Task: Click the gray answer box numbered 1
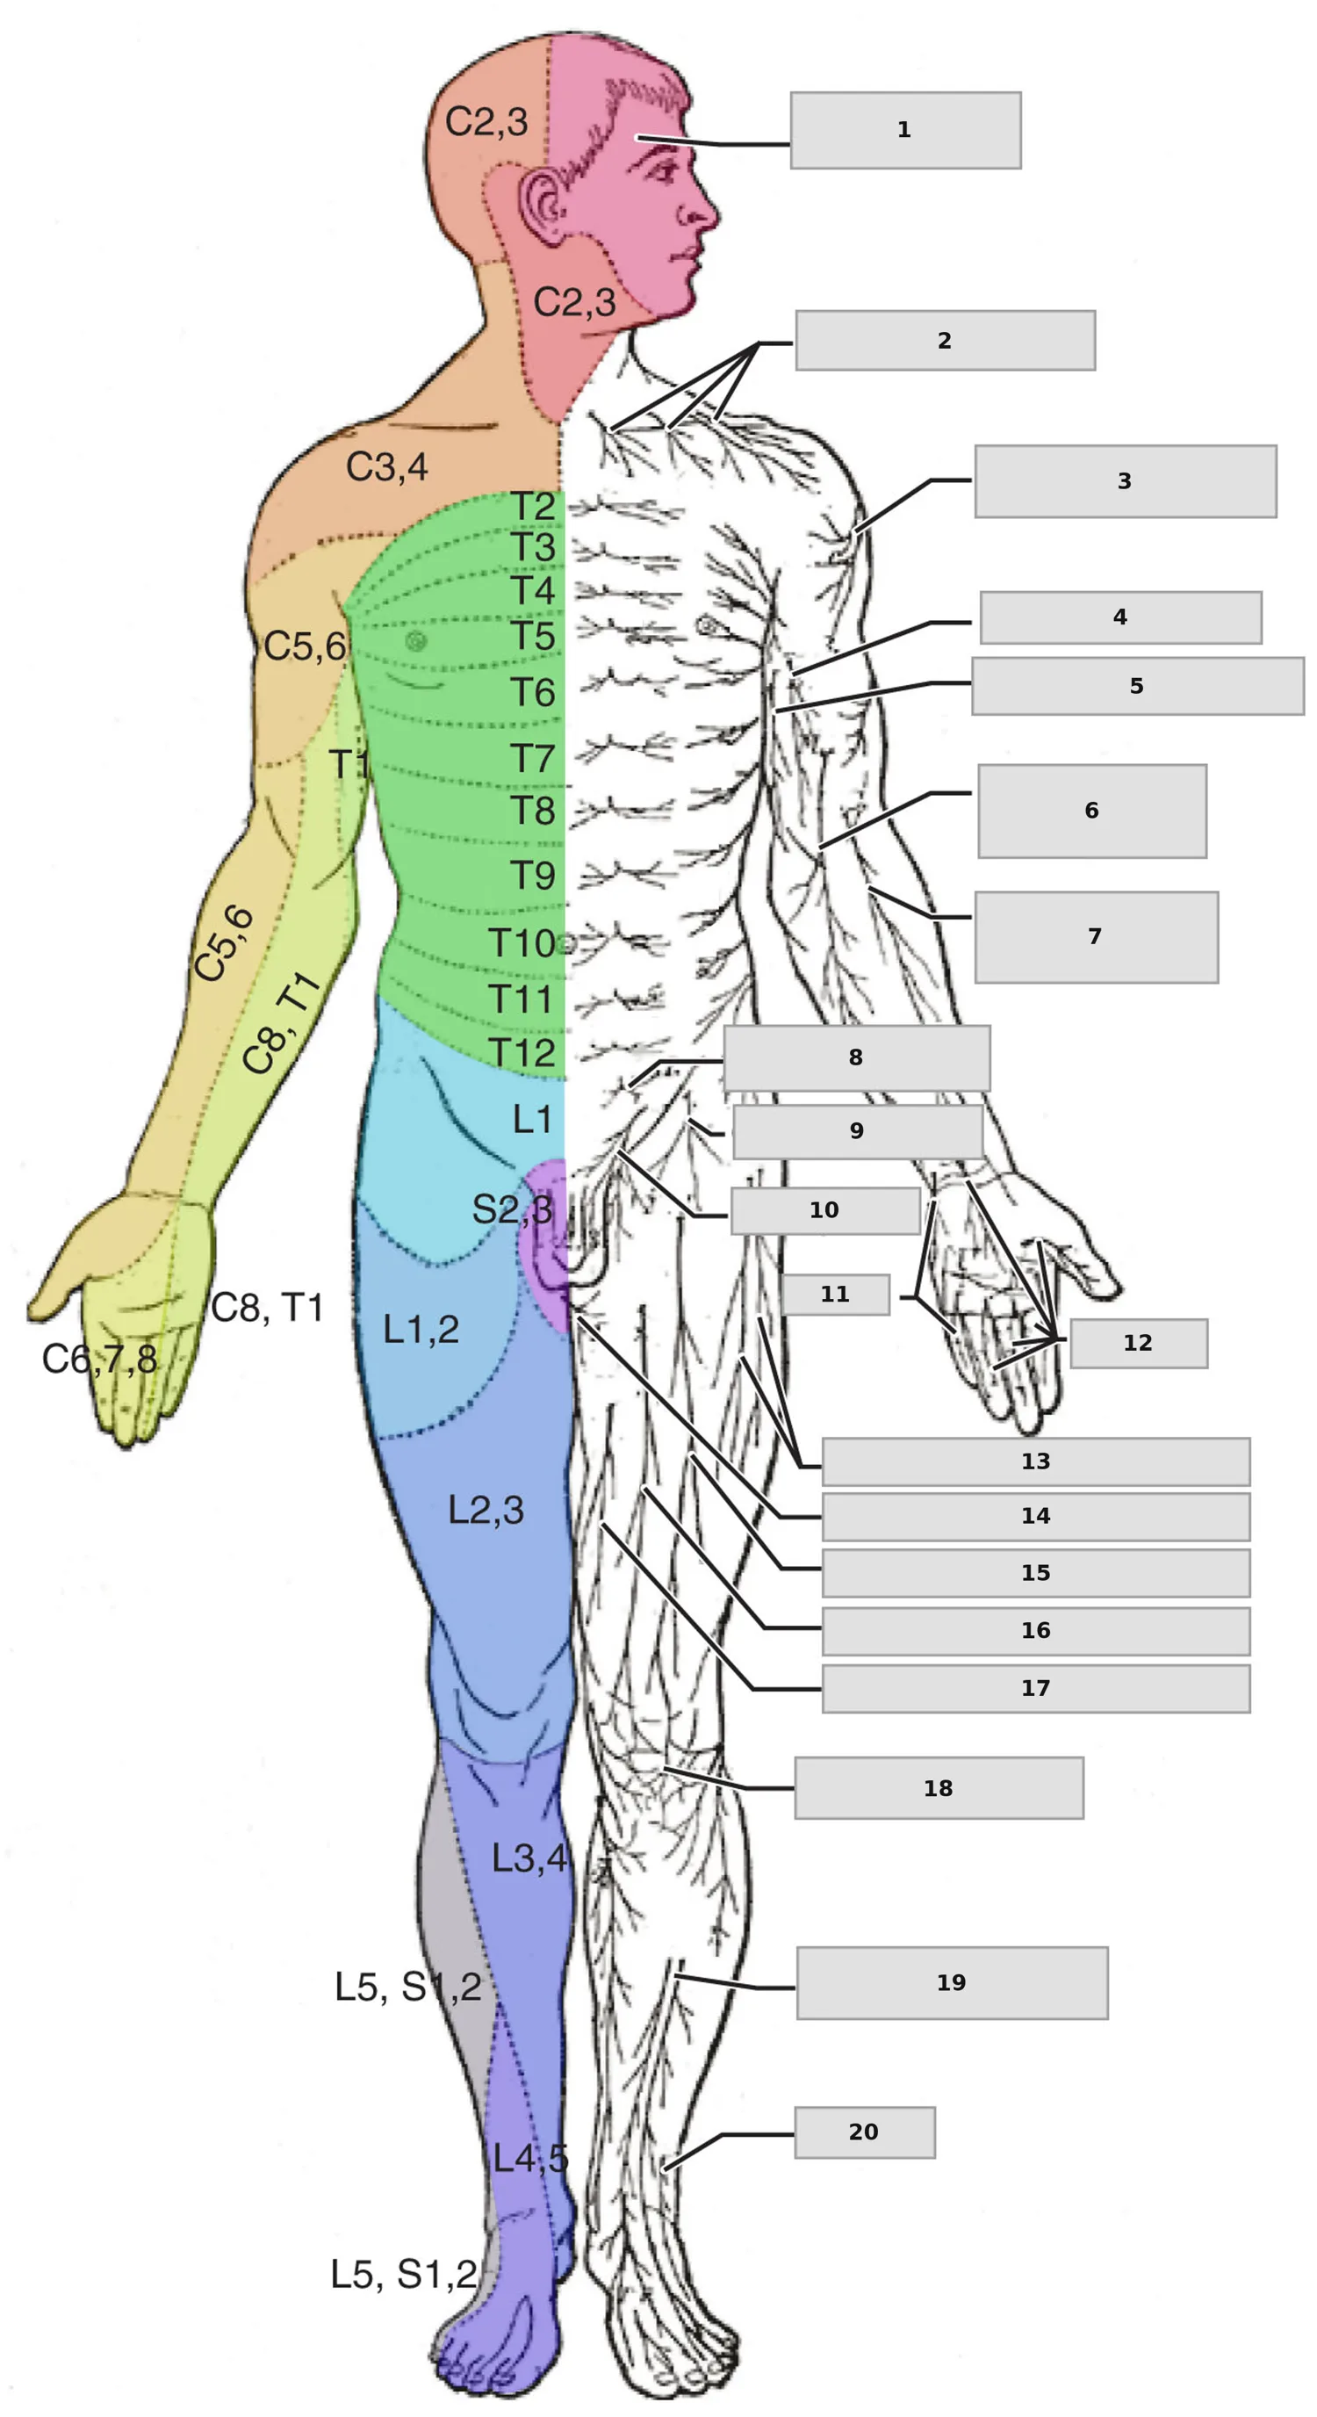point(905,130)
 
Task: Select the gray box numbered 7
point(1097,937)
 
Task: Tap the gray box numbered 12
point(1139,1344)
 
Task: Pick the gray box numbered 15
point(1035,1574)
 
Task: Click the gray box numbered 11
point(836,1295)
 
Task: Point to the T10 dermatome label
point(522,943)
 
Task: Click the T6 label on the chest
point(533,692)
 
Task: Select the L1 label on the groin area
point(532,1118)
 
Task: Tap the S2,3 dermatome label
point(512,1208)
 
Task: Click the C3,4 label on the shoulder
point(386,466)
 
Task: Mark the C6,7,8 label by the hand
point(100,1359)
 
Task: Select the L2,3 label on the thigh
point(486,1510)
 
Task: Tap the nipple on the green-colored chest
point(415,641)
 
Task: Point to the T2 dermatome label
point(533,508)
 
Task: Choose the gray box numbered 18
point(939,1788)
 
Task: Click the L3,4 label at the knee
point(530,1858)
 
